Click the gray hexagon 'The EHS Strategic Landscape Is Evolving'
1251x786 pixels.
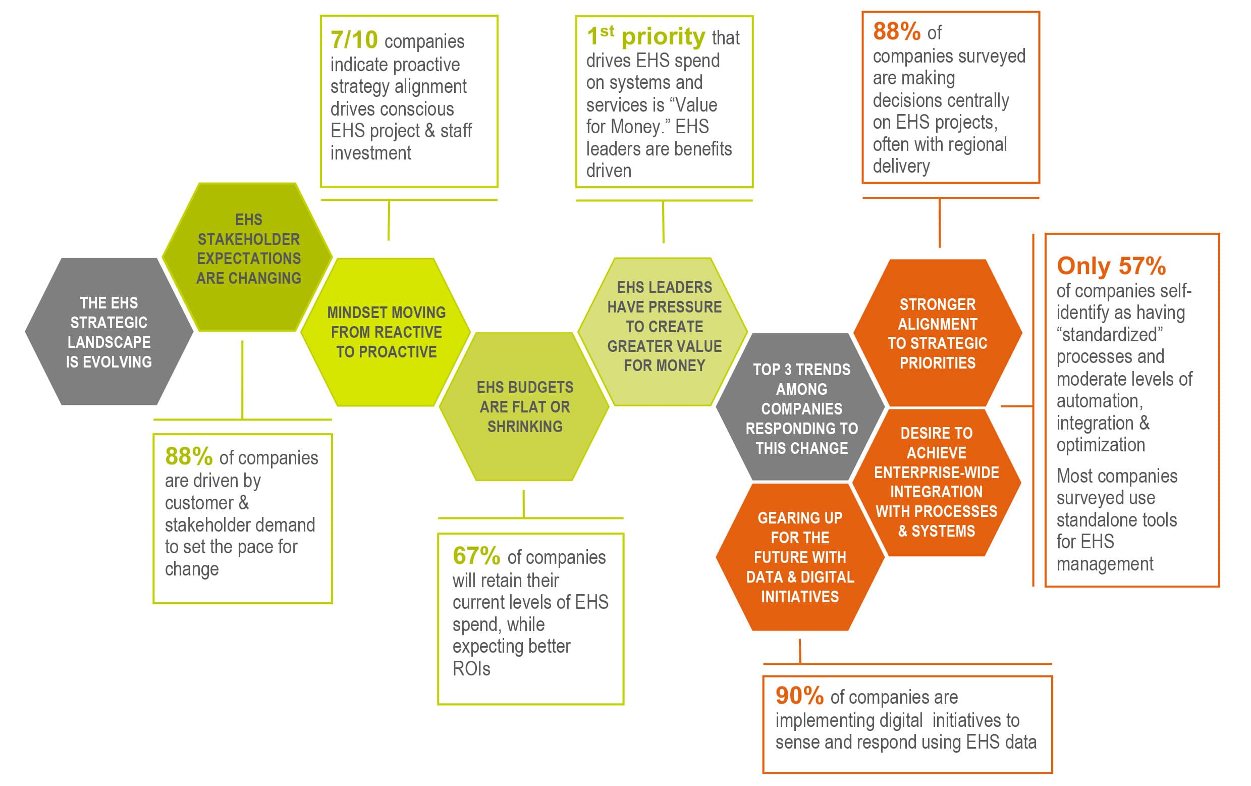(109, 332)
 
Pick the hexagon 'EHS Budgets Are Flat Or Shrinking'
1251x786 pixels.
(525, 406)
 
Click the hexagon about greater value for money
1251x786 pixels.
(664, 327)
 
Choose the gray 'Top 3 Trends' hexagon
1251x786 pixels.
(801, 408)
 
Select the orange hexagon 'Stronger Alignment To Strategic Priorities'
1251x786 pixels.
(937, 333)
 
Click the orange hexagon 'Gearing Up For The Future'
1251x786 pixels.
(799, 557)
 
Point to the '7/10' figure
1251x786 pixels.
(354, 39)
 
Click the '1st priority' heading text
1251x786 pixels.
(646, 36)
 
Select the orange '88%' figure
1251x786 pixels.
(897, 31)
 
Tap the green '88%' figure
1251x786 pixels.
(189, 456)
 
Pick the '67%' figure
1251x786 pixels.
(476, 556)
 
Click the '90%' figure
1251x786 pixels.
(799, 696)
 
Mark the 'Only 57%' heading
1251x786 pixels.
(1111, 266)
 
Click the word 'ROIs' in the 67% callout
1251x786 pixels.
(471, 668)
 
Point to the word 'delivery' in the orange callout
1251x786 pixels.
(901, 167)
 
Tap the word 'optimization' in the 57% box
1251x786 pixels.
(1100, 445)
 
